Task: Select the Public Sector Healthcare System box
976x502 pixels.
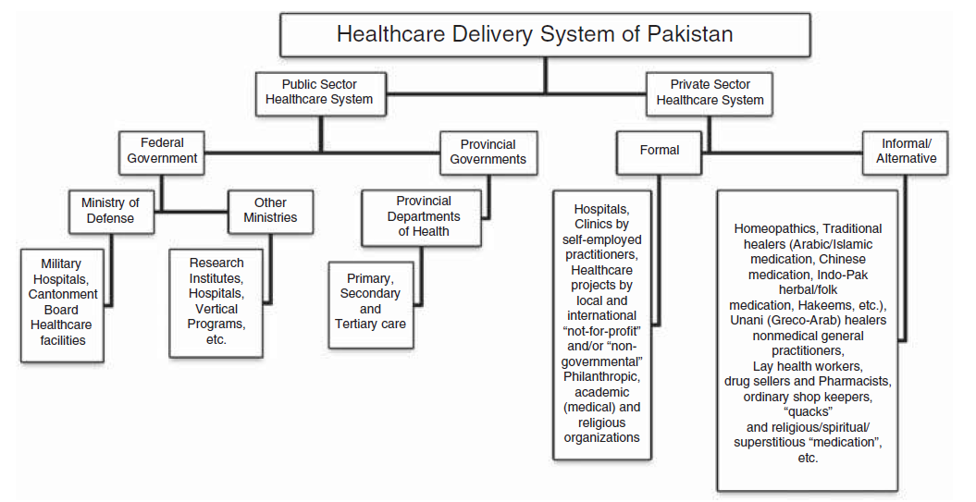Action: (319, 92)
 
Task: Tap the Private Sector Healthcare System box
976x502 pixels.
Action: (710, 92)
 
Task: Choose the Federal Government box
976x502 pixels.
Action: (162, 150)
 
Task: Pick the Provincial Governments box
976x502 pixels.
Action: (488, 152)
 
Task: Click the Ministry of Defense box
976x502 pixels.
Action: (110, 211)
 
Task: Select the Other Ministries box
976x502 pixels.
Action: (270, 210)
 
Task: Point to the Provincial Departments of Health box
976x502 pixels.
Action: (423, 216)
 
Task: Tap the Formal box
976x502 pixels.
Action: (659, 150)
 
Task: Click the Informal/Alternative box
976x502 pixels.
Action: (906, 151)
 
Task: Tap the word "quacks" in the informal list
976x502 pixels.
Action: (807, 411)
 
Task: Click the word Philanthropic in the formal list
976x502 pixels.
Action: (601, 376)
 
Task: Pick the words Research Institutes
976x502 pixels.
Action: (216, 271)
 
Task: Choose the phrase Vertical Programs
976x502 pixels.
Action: (216, 316)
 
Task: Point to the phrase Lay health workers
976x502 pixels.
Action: (807, 366)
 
